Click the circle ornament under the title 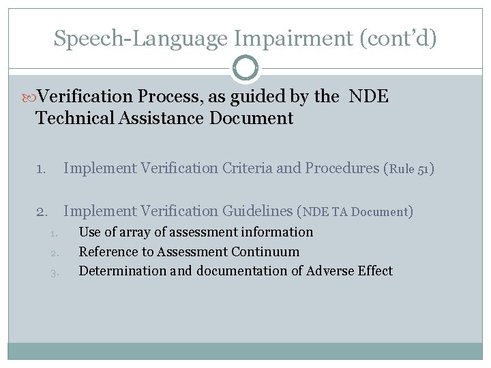tap(245, 69)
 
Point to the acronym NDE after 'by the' tap(369, 97)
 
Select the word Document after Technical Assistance tap(252, 119)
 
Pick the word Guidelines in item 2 tap(256, 211)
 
